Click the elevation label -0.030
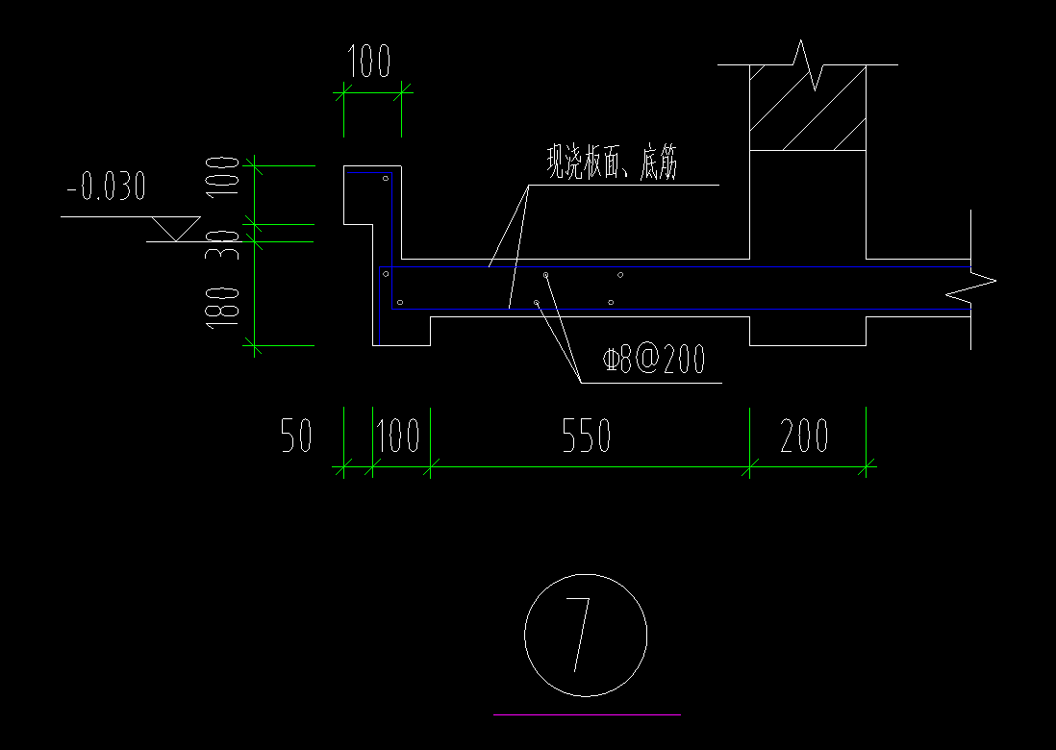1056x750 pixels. click(x=106, y=187)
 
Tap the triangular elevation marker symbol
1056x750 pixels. click(x=174, y=229)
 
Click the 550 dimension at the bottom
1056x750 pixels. click(x=586, y=437)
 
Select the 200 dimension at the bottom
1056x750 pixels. click(x=805, y=437)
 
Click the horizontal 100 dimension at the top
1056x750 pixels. click(x=369, y=62)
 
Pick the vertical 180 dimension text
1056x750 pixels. click(x=222, y=306)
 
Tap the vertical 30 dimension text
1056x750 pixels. click(x=222, y=239)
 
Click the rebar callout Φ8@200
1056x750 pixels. click(x=654, y=361)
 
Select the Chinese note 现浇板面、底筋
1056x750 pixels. click(x=612, y=163)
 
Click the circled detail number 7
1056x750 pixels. click(x=585, y=636)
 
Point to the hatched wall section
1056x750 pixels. click(x=808, y=108)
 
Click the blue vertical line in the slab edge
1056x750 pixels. click(x=380, y=305)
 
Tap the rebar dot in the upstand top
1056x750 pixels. click(x=385, y=179)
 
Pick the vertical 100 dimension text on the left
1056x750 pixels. click(x=222, y=175)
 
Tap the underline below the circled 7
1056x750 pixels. click(x=587, y=714)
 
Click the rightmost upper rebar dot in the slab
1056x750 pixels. click(x=620, y=275)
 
